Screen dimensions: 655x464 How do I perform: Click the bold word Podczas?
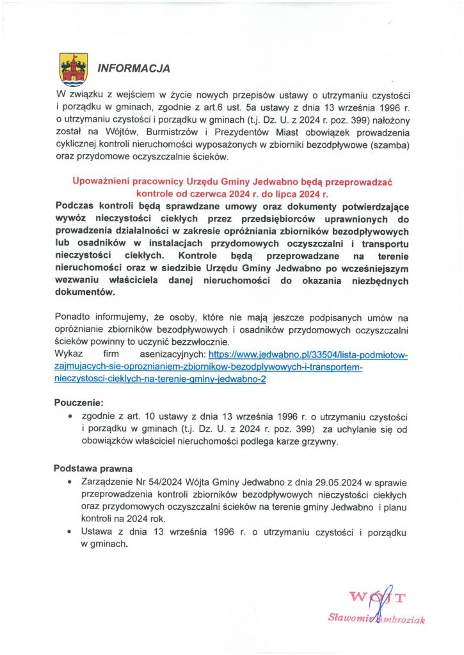click(x=76, y=207)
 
